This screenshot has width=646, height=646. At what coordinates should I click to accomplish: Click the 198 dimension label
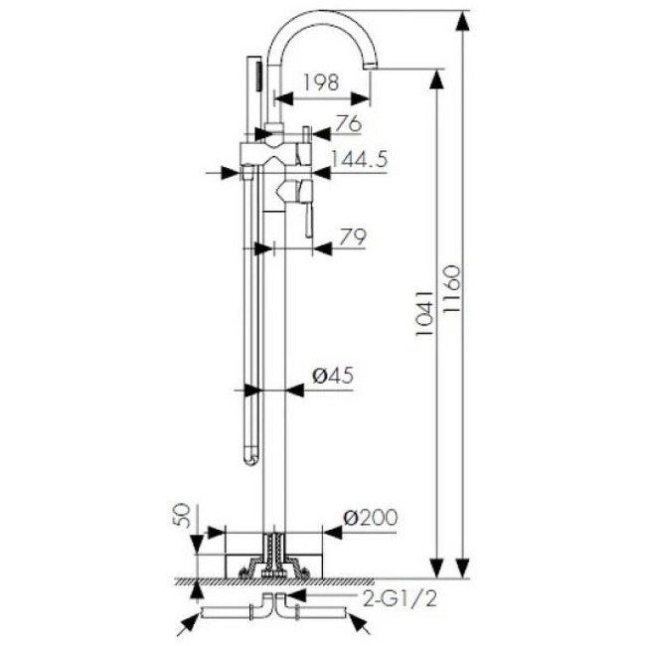click(x=321, y=82)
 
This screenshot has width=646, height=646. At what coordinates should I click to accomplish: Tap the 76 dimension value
click(x=348, y=124)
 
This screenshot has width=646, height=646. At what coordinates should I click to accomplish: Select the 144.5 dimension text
click(x=360, y=159)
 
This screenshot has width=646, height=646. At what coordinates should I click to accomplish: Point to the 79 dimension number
click(x=353, y=237)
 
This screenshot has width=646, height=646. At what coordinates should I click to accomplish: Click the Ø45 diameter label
click(x=333, y=375)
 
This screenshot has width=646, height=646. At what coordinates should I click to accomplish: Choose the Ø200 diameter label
click(x=371, y=517)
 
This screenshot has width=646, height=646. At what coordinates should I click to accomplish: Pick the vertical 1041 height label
click(x=424, y=313)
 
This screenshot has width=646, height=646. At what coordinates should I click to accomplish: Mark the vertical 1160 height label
click(x=451, y=288)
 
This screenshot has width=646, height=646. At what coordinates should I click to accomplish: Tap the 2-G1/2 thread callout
click(x=400, y=599)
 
